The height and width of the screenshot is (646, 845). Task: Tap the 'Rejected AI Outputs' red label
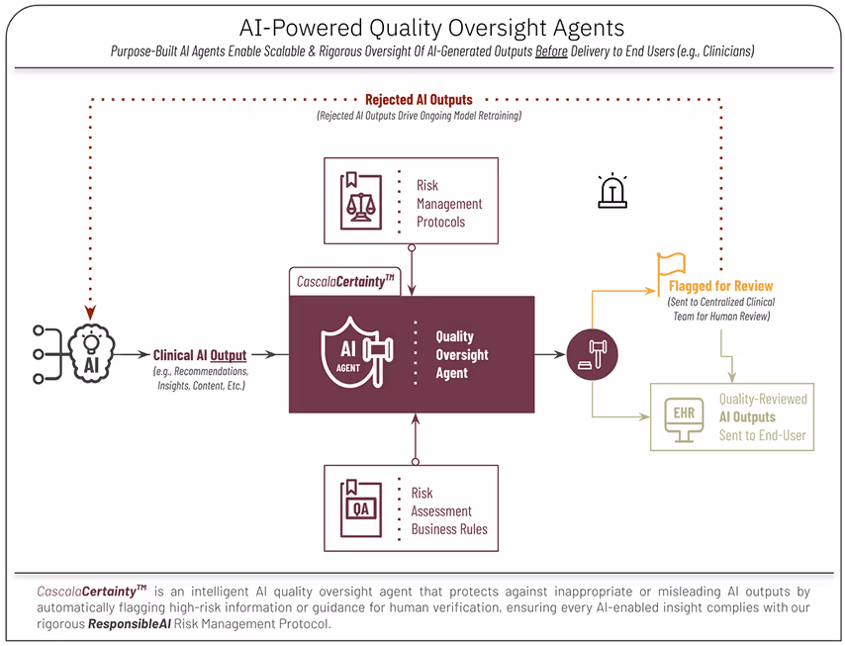pyautogui.click(x=419, y=100)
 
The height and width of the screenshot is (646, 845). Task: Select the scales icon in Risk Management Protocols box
pyautogui.click(x=362, y=202)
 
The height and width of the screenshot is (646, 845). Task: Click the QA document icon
pyautogui.click(x=361, y=508)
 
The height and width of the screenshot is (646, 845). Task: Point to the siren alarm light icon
pyautogui.click(x=613, y=191)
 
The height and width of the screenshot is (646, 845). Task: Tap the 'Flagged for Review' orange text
pyautogui.click(x=720, y=286)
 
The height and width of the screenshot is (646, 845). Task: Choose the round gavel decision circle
pyautogui.click(x=592, y=353)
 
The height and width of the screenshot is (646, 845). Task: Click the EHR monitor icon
pyautogui.click(x=684, y=415)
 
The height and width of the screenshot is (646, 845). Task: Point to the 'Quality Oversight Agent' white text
pyautogui.click(x=462, y=354)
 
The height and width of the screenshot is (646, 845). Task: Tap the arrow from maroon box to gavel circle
pyautogui.click(x=549, y=353)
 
